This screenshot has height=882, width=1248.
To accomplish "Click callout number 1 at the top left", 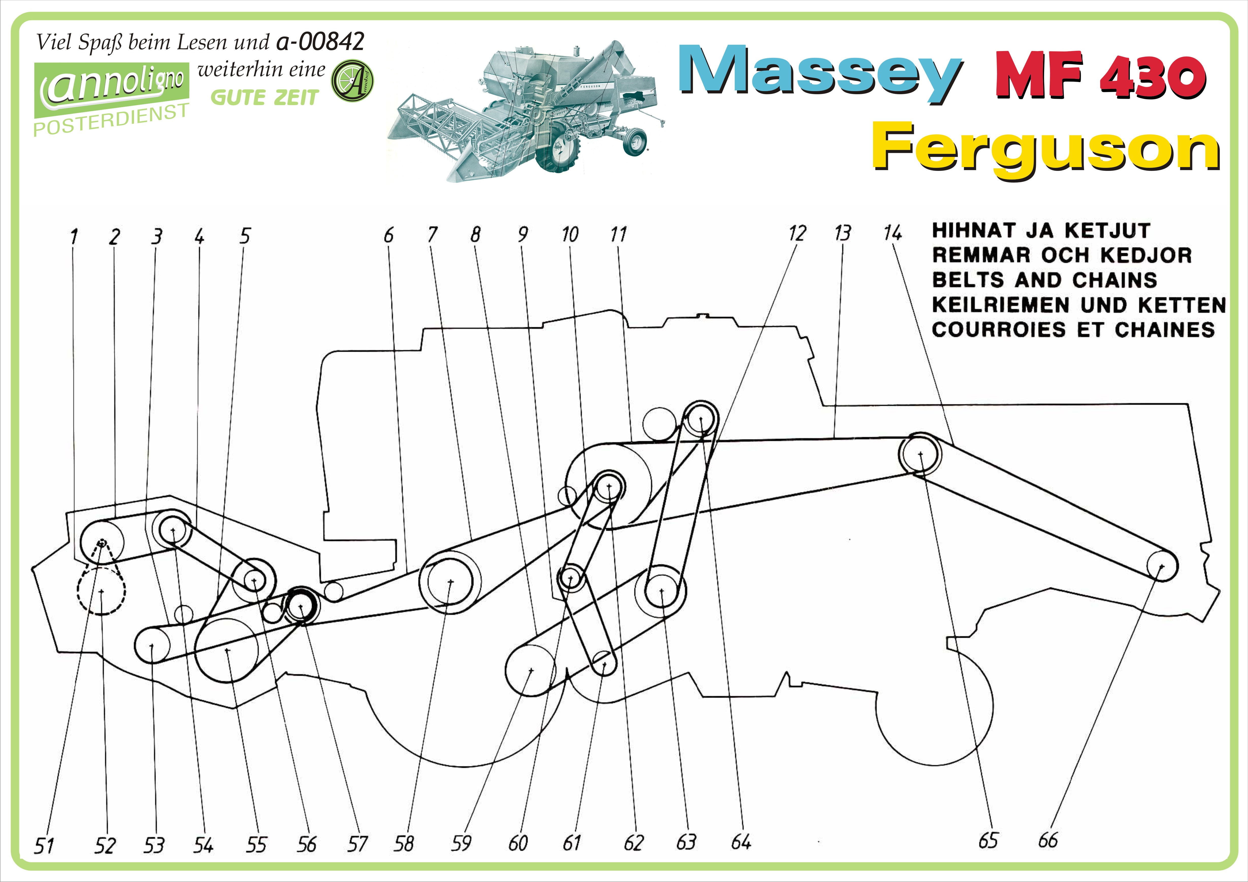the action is [74, 237].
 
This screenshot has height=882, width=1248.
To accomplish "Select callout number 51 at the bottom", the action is [44, 846].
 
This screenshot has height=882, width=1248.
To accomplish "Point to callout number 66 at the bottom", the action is [1047, 840].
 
